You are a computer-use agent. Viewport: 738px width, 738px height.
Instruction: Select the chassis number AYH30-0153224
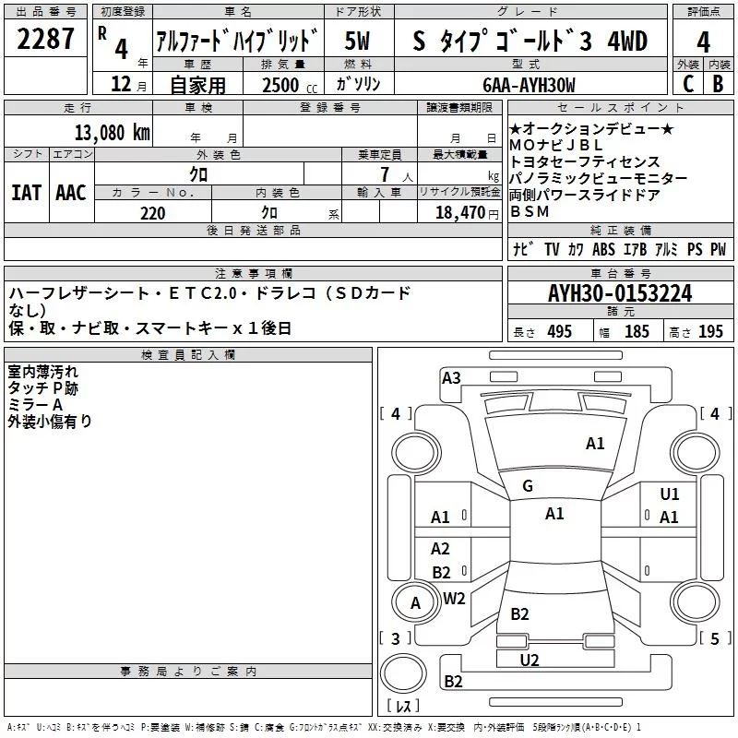pyautogui.click(x=620, y=294)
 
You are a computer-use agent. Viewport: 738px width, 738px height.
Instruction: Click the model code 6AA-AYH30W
pyautogui.click(x=529, y=85)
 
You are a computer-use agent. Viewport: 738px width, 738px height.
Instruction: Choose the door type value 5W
pyautogui.click(x=357, y=42)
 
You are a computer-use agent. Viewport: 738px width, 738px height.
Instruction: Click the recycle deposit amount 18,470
pyautogui.click(x=458, y=213)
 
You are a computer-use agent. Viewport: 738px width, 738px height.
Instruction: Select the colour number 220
pyautogui.click(x=153, y=214)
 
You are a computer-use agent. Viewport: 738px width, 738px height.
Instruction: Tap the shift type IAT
pyautogui.click(x=26, y=193)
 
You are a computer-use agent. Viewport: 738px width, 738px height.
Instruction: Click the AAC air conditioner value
pyautogui.click(x=71, y=193)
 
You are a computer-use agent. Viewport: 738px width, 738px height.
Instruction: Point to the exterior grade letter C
pyautogui.click(x=687, y=84)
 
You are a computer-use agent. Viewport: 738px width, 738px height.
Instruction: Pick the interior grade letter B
pyautogui.click(x=718, y=84)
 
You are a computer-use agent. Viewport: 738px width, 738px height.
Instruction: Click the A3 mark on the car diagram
pyautogui.click(x=451, y=377)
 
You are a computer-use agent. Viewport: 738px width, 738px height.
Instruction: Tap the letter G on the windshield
pyautogui.click(x=528, y=486)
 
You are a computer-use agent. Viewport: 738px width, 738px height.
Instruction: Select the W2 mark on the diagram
pyautogui.click(x=454, y=598)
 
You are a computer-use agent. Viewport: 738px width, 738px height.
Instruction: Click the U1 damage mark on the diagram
pyautogui.click(x=670, y=494)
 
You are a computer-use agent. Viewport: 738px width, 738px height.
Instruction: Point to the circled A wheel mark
pyautogui.click(x=415, y=603)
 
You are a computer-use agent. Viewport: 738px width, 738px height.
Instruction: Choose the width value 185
pyautogui.click(x=637, y=332)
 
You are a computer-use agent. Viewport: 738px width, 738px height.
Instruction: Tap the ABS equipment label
pyautogui.click(x=603, y=250)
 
